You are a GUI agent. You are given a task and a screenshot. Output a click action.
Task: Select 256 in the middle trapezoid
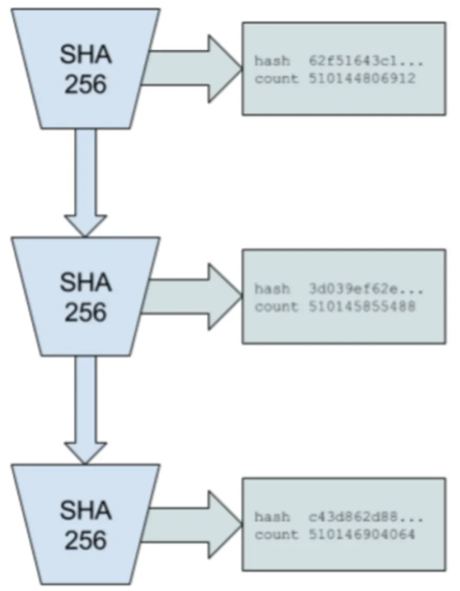(x=86, y=311)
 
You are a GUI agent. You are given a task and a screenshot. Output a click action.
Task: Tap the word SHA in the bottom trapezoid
(x=86, y=511)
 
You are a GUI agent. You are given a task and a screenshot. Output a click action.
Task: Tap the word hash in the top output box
(x=272, y=61)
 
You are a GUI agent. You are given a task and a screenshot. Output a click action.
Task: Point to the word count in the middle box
(x=276, y=306)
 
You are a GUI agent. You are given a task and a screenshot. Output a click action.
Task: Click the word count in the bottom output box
(x=276, y=535)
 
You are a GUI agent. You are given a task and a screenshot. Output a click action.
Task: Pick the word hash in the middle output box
(x=272, y=289)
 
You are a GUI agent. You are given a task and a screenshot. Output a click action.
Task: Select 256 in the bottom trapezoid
(x=86, y=540)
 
